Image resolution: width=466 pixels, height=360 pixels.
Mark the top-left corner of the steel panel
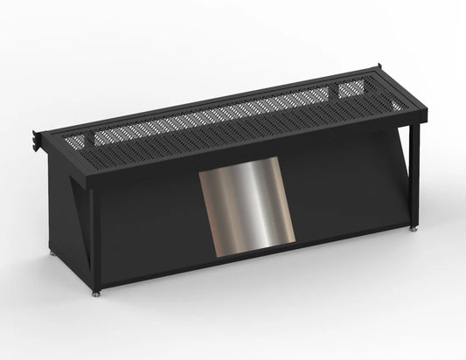tap(200, 172)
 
